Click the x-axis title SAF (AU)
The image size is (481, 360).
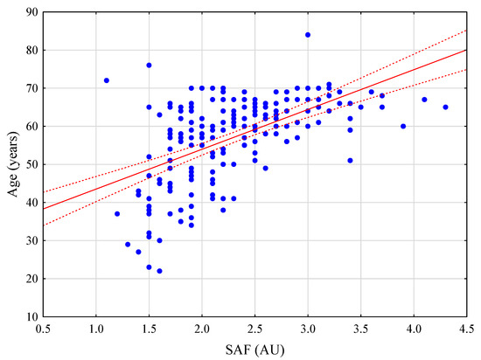(x=254, y=349)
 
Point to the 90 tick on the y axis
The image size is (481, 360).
(x=31, y=12)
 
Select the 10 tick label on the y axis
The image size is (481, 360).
(x=31, y=315)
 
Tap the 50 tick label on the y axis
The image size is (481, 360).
(x=31, y=164)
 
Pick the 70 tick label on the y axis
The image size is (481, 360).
(x=31, y=88)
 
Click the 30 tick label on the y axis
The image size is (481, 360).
(x=31, y=240)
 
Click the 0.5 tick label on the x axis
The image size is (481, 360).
(x=44, y=328)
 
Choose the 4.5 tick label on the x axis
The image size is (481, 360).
(x=466, y=328)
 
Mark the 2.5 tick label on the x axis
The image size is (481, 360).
(x=254, y=328)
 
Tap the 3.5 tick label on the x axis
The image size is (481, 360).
(x=360, y=328)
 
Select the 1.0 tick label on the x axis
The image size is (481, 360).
(x=96, y=328)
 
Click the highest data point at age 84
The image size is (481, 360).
(x=308, y=35)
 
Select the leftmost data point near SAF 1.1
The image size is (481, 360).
(x=107, y=80)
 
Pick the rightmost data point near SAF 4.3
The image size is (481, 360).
(x=445, y=107)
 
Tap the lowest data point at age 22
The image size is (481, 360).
(x=159, y=270)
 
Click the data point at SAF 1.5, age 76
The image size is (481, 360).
(x=149, y=66)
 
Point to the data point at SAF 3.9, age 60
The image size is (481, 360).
(x=403, y=126)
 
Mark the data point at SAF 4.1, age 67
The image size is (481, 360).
(x=424, y=100)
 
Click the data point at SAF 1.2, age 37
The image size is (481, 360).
(x=117, y=213)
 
